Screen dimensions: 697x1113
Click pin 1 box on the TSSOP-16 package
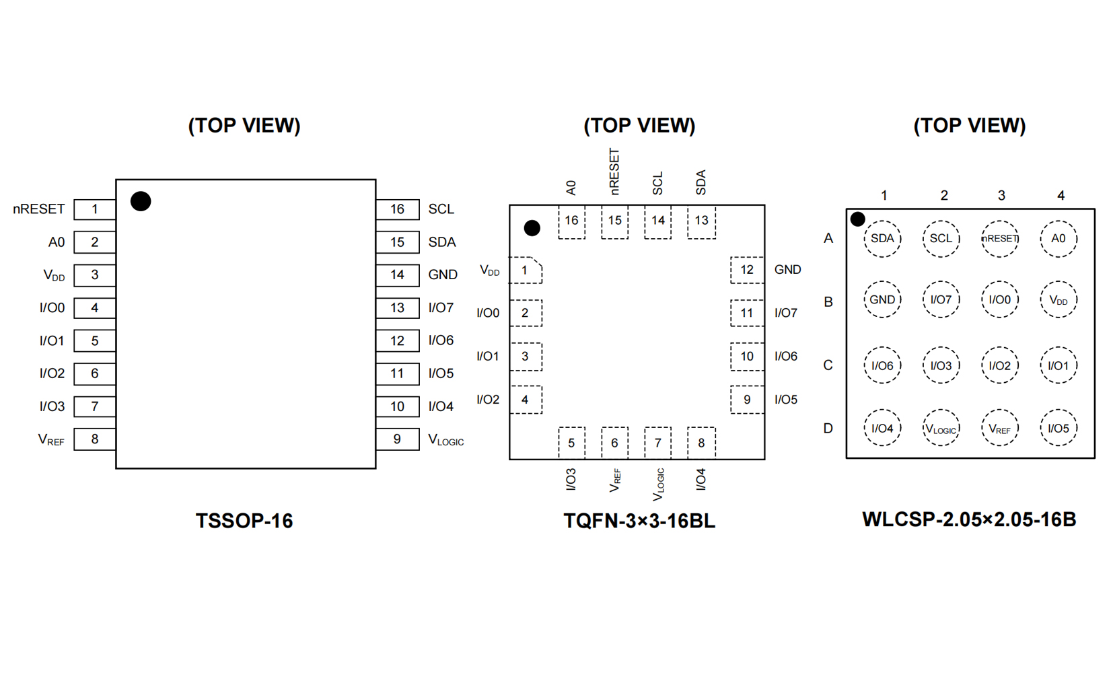pyautogui.click(x=94, y=209)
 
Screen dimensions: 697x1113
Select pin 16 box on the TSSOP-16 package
pyautogui.click(x=397, y=209)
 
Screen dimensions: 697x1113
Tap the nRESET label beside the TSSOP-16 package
pyautogui.click(x=39, y=209)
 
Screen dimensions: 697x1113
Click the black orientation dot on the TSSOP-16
pyautogui.click(x=141, y=201)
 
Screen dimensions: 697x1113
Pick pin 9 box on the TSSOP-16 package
pyautogui.click(x=397, y=439)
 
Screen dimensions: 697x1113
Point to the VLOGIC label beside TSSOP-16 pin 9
pyautogui.click(x=445, y=440)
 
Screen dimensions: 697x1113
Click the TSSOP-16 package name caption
pyautogui.click(x=244, y=521)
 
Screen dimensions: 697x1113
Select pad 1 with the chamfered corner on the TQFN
pyautogui.click(x=525, y=270)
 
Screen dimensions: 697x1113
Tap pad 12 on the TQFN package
pyautogui.click(x=746, y=270)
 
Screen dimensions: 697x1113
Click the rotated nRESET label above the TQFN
pyautogui.click(x=614, y=172)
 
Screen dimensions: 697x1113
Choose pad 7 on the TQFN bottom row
pyautogui.click(x=657, y=443)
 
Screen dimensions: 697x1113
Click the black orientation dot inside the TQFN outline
pyautogui.click(x=532, y=228)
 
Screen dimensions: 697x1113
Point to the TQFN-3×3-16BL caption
pyautogui.click(x=639, y=521)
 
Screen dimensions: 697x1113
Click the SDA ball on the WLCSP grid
pyautogui.click(x=882, y=239)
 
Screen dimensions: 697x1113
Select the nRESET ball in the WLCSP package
pyautogui.click(x=999, y=239)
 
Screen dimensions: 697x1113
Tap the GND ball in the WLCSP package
pyautogui.click(x=882, y=300)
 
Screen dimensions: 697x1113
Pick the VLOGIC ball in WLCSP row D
pyautogui.click(x=941, y=429)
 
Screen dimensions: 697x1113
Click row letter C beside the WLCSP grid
pyautogui.click(x=828, y=365)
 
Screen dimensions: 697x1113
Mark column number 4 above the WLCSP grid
pyautogui.click(x=1061, y=196)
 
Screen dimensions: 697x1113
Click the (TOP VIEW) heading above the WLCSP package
pyautogui.click(x=969, y=126)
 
